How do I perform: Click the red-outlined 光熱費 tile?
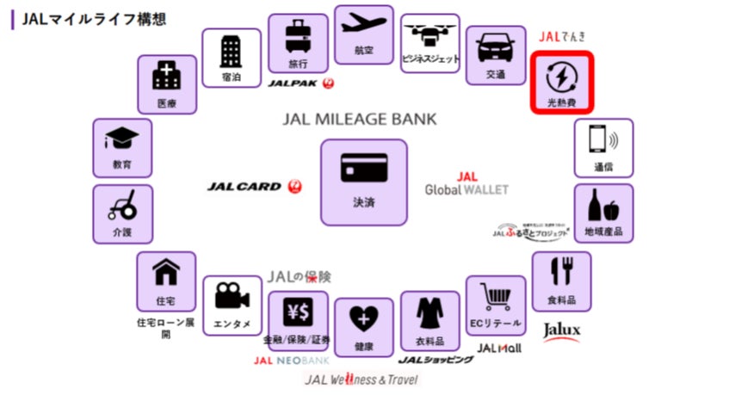[560, 83]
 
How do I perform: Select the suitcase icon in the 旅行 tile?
[297, 37]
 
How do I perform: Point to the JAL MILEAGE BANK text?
[359, 119]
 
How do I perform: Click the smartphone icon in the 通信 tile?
[602, 139]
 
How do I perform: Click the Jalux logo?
[561, 330]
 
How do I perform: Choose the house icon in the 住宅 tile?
[165, 273]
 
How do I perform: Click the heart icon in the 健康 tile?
[362, 319]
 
